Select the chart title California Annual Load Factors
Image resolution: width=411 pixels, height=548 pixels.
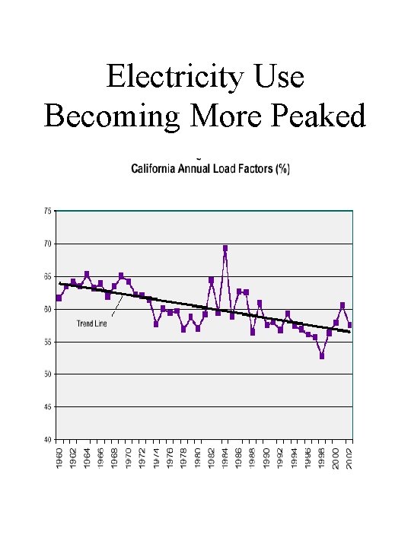click(x=210, y=169)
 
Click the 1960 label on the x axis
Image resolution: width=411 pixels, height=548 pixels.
click(x=59, y=459)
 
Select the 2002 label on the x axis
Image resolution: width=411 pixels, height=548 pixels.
click(x=349, y=459)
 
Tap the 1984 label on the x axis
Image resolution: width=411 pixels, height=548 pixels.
click(x=225, y=459)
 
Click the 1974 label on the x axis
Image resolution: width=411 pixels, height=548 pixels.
click(x=156, y=459)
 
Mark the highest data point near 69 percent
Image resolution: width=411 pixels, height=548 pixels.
click(x=225, y=248)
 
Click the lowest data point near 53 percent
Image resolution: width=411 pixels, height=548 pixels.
click(x=322, y=355)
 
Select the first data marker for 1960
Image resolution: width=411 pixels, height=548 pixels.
click(x=59, y=298)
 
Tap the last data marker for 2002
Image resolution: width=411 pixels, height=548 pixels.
click(x=349, y=325)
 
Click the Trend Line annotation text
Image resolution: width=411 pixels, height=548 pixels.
click(x=92, y=323)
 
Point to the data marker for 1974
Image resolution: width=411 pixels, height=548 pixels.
click(x=156, y=323)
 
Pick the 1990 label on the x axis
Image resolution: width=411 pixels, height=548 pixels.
click(x=266, y=459)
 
